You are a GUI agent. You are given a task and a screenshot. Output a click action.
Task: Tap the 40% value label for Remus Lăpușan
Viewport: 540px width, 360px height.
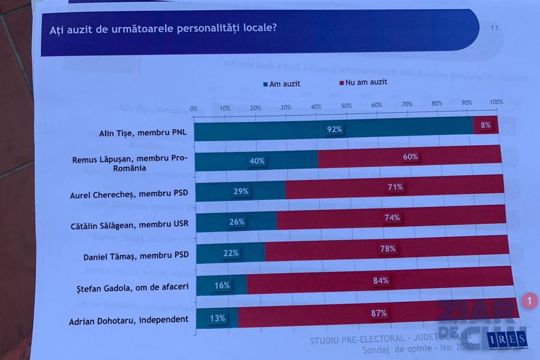(x=256, y=161)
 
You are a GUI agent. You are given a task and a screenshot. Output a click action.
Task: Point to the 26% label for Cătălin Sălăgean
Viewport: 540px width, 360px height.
(x=237, y=222)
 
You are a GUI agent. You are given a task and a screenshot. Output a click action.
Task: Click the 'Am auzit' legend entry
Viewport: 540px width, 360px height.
(x=281, y=84)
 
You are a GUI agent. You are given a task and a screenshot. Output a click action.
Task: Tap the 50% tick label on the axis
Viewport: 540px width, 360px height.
(x=346, y=106)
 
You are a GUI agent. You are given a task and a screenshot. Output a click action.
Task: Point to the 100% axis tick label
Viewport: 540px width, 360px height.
(x=496, y=103)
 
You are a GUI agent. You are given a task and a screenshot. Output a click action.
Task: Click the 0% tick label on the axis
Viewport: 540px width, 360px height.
(x=194, y=109)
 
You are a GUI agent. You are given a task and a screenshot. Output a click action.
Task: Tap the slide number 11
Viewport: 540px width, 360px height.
(x=494, y=28)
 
